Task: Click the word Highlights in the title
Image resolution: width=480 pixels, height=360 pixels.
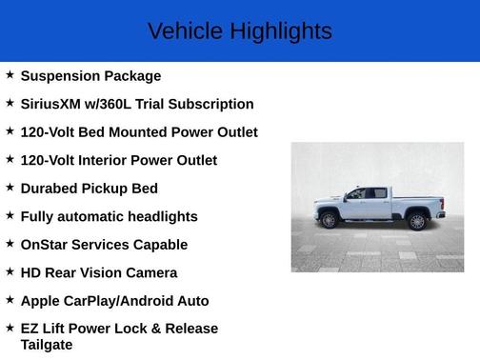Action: [x=280, y=31]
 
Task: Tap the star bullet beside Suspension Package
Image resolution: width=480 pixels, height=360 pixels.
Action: [x=10, y=74]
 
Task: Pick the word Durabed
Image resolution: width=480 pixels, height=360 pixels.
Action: [x=50, y=189]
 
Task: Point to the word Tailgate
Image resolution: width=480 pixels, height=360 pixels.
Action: [x=47, y=345]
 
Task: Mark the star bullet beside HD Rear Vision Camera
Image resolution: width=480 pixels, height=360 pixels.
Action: [x=10, y=271]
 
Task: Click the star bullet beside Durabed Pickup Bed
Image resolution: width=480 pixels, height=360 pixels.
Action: [x=10, y=187]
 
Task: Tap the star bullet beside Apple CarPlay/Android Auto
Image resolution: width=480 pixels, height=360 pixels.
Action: [x=10, y=299]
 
